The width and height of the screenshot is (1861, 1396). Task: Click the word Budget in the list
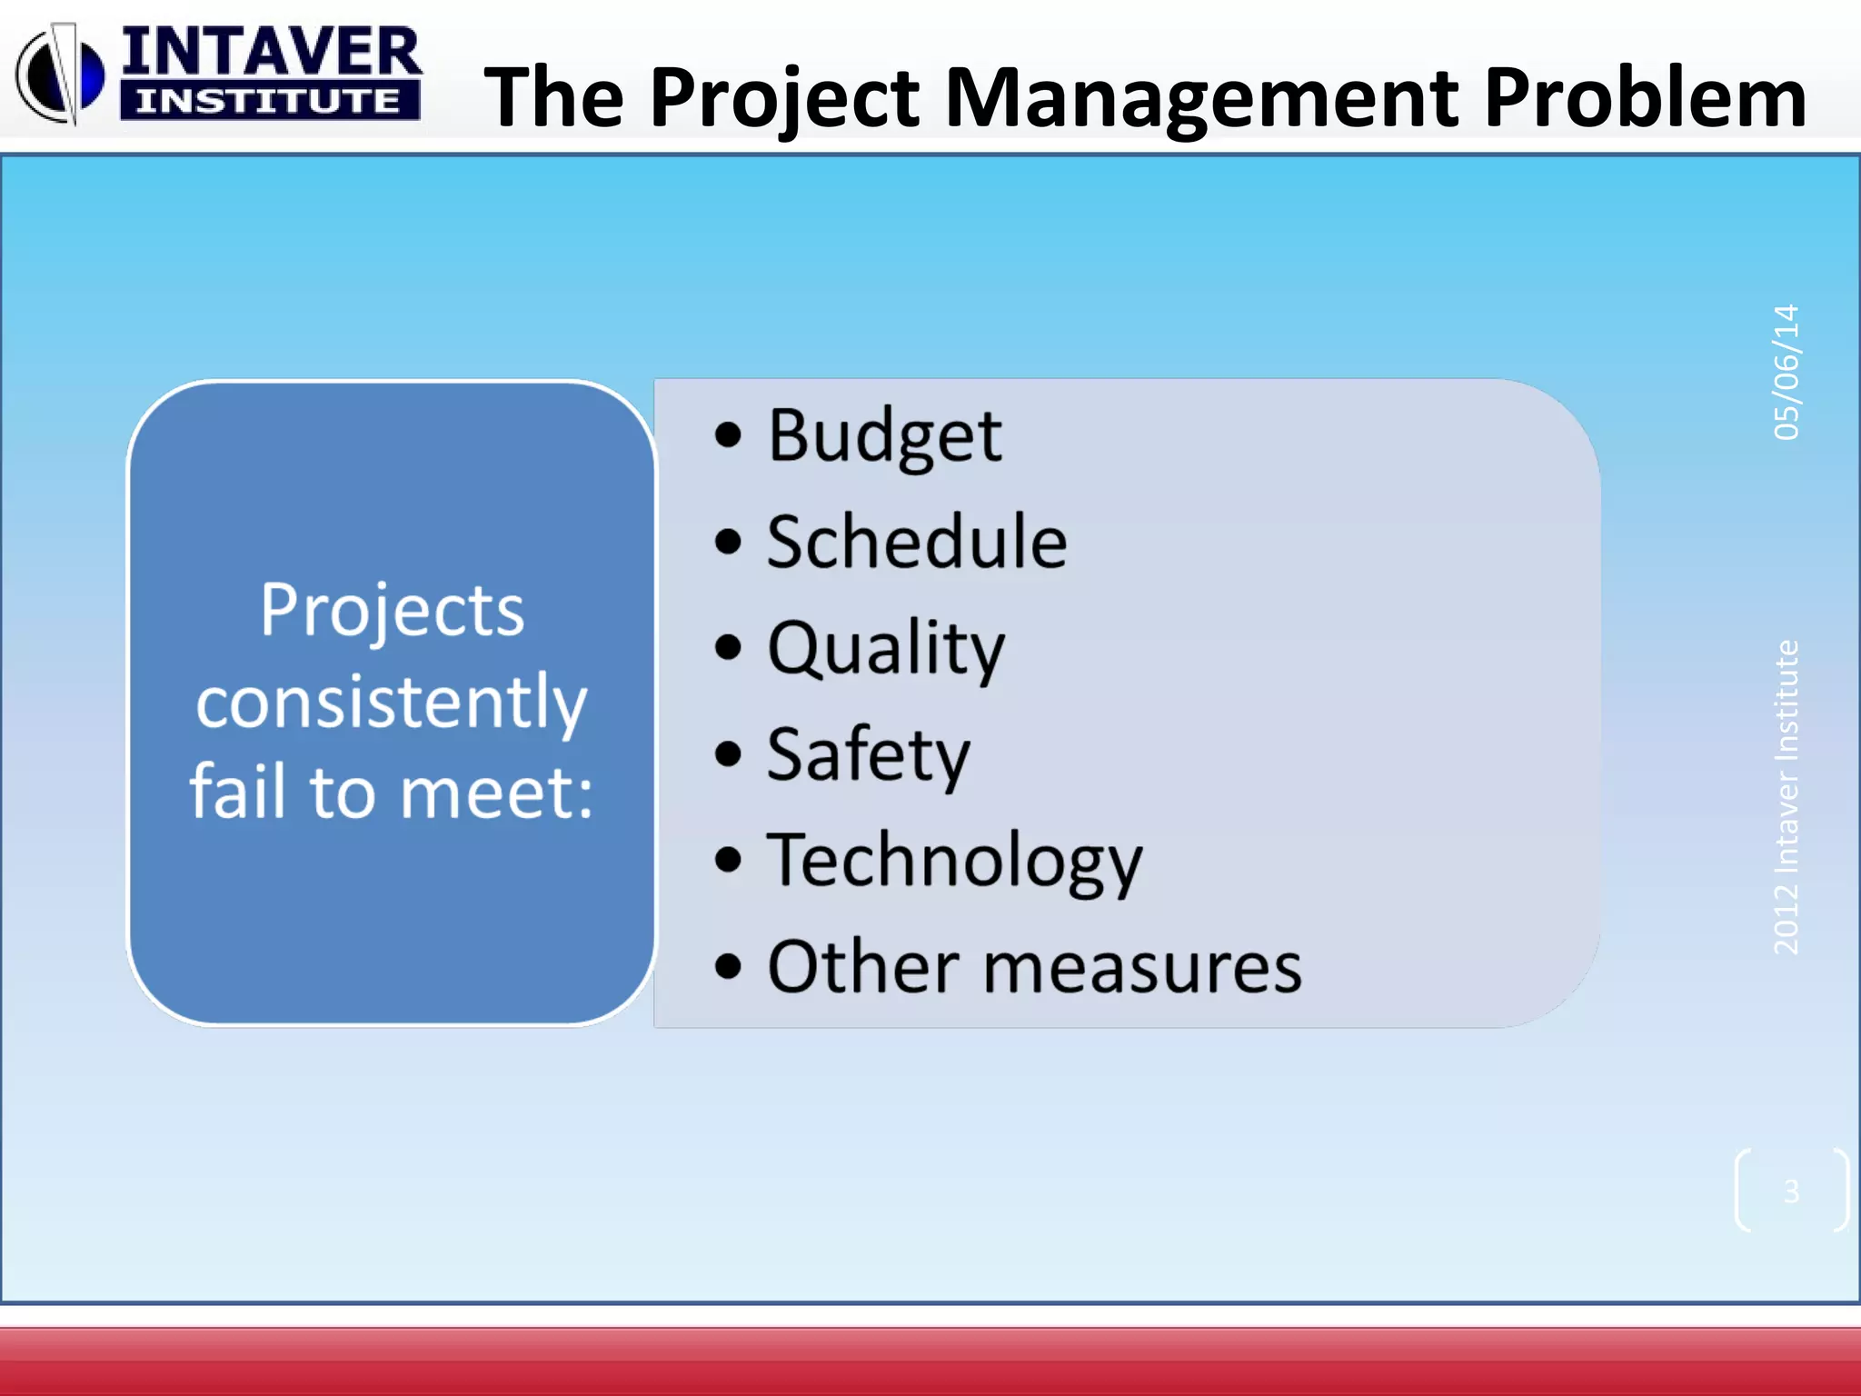click(884, 436)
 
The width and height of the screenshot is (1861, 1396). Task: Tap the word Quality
click(886, 648)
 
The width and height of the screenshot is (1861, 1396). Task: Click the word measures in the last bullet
click(1142, 967)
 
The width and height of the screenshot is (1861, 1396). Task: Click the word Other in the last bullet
click(863, 967)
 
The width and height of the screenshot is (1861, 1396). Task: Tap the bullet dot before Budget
click(728, 436)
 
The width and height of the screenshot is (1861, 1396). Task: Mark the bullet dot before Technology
click(728, 860)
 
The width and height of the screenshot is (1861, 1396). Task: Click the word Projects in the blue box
click(392, 610)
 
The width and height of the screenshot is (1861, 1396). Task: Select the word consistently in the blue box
click(392, 702)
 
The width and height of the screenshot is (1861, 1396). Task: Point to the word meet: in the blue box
click(496, 793)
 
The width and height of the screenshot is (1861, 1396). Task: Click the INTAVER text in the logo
click(271, 52)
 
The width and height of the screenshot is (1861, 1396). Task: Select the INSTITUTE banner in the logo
click(269, 101)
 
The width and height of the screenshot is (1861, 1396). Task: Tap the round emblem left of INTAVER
click(59, 75)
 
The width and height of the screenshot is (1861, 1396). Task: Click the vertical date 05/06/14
click(1786, 373)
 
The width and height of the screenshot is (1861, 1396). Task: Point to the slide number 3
click(1791, 1191)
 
